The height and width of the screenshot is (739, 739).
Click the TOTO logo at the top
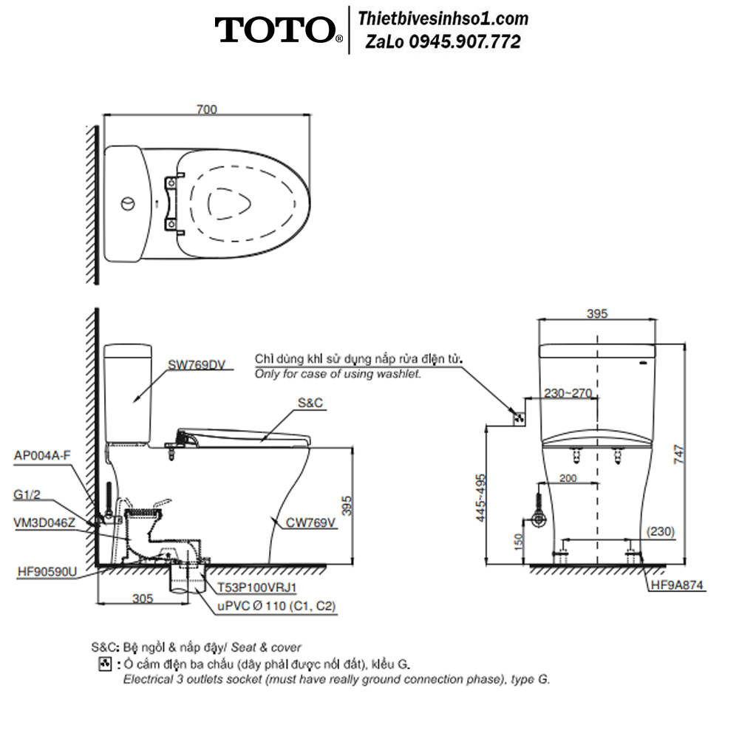coord(279,30)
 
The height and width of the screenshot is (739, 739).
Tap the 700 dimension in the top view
coord(206,109)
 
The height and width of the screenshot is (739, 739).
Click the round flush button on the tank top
coord(128,204)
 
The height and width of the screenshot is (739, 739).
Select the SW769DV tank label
coord(197,365)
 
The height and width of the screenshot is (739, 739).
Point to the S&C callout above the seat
coord(310,403)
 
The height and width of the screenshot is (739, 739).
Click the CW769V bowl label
coord(310,522)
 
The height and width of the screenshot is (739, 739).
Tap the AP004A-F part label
coord(42,455)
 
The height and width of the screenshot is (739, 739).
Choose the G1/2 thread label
coord(27,495)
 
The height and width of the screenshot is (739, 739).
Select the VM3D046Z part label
coord(44,522)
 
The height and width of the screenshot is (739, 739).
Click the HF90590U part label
coord(47,572)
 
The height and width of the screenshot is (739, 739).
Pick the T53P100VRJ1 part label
coord(257,588)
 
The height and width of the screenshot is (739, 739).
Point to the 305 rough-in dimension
coord(143,599)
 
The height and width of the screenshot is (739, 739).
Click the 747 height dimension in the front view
coord(678,454)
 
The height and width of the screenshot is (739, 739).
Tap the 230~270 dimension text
coord(568,393)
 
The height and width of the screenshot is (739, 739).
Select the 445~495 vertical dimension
coord(480,497)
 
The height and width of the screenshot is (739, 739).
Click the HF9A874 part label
coord(677,585)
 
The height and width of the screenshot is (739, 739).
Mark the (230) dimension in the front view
coord(661,531)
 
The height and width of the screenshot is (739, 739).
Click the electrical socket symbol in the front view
coord(520,418)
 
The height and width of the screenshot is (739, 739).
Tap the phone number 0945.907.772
coord(465,42)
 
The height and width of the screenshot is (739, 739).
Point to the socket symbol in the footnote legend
coord(105,664)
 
